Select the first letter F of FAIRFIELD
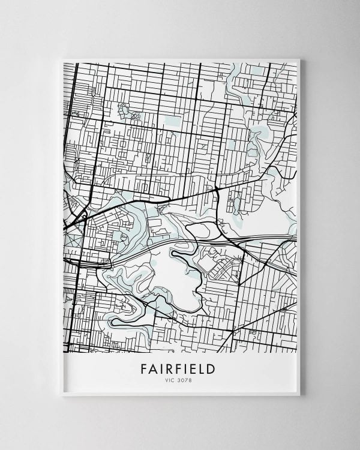[x=142, y=366]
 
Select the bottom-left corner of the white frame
[x=62, y=395]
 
